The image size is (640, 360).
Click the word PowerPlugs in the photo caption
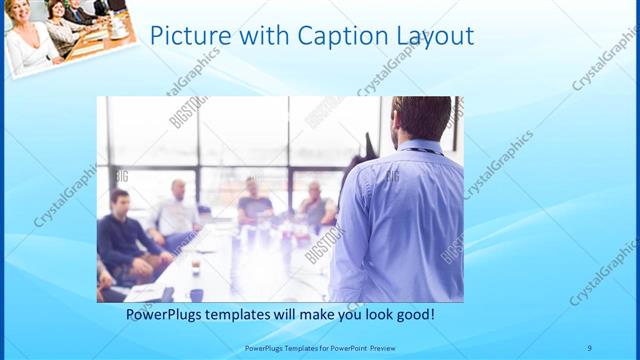click(165, 314)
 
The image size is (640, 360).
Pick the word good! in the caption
click(414, 314)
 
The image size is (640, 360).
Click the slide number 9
click(590, 348)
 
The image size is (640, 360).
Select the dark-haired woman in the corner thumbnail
click(55, 12)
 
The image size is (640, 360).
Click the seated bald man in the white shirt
click(178, 210)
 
